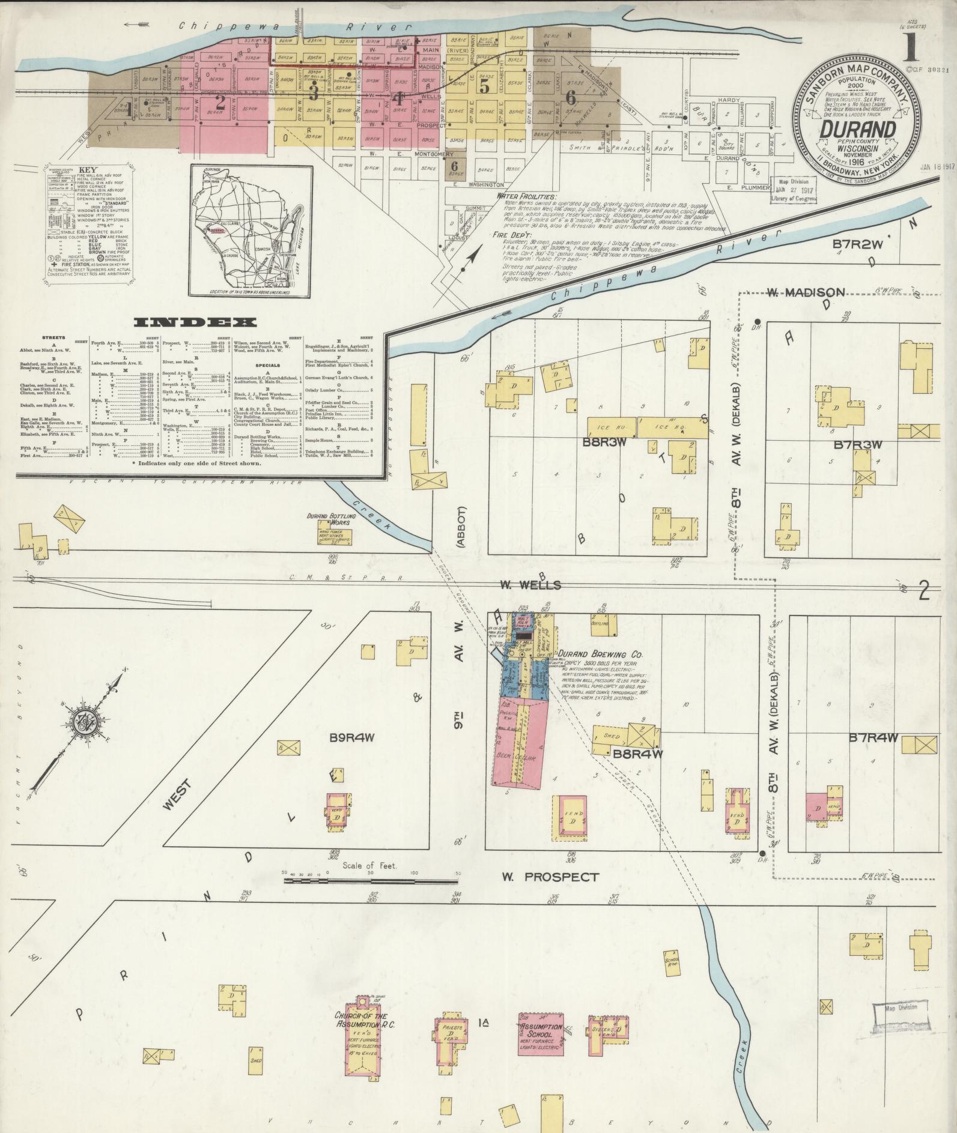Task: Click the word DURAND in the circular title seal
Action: [858, 129]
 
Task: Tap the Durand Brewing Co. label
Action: [600, 654]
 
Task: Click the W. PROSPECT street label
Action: [550, 877]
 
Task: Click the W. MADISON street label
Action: [806, 292]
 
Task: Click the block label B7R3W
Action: [857, 445]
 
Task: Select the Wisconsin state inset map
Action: [251, 231]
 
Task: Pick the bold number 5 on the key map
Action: [485, 86]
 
